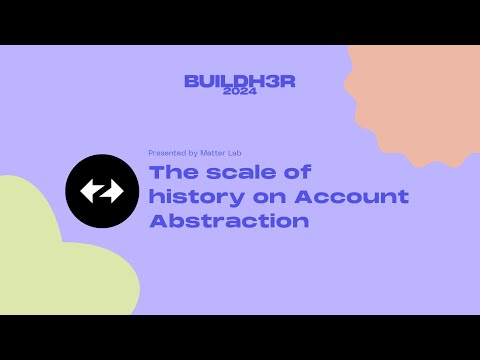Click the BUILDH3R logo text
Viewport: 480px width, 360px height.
point(239,80)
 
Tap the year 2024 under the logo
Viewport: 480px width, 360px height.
point(240,92)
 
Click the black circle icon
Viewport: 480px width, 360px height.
point(101,191)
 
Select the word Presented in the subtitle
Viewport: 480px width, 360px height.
point(165,153)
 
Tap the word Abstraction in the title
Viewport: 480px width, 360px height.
point(229,220)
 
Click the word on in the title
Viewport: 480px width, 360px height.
point(255,197)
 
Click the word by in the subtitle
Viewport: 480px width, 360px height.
point(191,153)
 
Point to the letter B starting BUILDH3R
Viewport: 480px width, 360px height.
point(191,80)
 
